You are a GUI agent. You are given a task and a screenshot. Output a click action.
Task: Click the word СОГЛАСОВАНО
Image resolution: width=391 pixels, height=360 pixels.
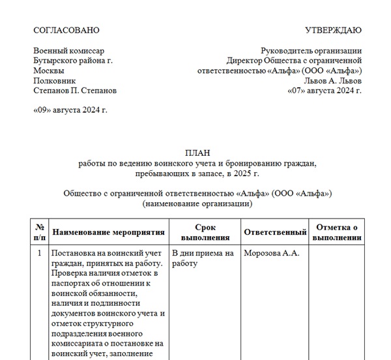(66, 30)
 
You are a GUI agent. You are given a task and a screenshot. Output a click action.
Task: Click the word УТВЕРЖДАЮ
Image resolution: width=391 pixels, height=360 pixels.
(333, 30)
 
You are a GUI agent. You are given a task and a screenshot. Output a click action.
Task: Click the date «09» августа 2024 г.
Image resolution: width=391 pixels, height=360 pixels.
(70, 110)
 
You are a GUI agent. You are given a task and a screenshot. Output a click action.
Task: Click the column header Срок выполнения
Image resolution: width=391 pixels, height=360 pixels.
(205, 232)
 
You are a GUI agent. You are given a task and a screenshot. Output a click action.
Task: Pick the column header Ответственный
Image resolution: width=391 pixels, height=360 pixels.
(274, 232)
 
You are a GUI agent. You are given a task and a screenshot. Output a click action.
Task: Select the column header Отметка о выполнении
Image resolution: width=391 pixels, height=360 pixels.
(337, 232)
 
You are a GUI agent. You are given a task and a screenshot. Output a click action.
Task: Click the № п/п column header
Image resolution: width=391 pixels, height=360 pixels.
(40, 232)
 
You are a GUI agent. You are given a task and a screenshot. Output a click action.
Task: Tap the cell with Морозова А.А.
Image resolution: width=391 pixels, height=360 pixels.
(271, 253)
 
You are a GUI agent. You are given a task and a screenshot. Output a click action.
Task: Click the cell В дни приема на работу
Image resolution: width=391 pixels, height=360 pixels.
(202, 258)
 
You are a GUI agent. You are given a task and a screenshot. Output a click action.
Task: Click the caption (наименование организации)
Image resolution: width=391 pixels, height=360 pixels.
(197, 203)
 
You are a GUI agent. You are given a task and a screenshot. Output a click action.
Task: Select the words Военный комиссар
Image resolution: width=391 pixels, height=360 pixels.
(68, 50)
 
